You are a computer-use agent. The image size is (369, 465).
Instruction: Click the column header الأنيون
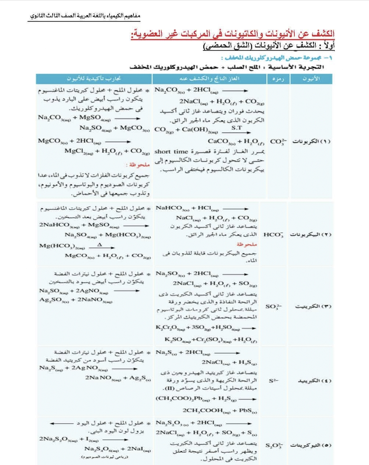[x=311, y=79]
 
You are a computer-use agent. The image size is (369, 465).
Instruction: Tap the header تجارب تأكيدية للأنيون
[x=94, y=79]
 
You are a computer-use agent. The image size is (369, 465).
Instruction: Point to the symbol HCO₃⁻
[x=273, y=235]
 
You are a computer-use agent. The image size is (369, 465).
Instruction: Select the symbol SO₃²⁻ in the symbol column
[x=274, y=306]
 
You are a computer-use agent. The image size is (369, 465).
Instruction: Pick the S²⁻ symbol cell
[x=273, y=381]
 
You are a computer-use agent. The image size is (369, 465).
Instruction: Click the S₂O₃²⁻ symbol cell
[x=275, y=446]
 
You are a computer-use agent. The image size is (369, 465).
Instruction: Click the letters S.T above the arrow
[x=237, y=127]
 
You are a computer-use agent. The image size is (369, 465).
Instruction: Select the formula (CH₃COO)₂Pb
[x=178, y=399]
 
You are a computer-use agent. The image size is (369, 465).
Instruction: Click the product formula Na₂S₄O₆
[x=99, y=449]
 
